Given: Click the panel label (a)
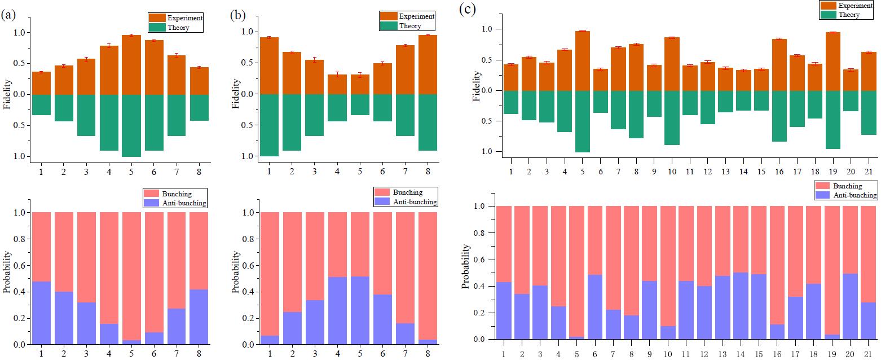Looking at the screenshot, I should pyautogui.click(x=8, y=15).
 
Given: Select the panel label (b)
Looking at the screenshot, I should pyautogui.click(x=237, y=15).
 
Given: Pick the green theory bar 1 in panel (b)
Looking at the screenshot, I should pyautogui.click(x=269, y=125).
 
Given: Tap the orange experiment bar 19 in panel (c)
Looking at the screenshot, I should pyautogui.click(x=832, y=62).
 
